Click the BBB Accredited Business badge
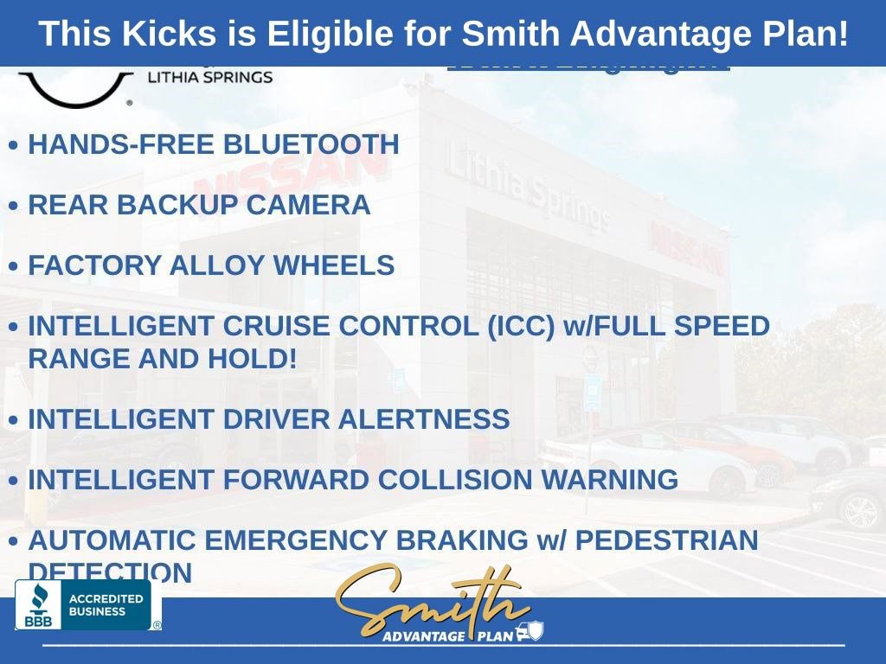coord(84,604)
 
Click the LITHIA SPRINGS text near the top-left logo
coord(210,77)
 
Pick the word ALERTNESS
coord(423,419)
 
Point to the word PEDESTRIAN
coord(666,540)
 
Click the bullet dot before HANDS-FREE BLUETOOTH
coord(13,145)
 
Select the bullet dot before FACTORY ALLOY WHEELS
coord(13,266)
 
